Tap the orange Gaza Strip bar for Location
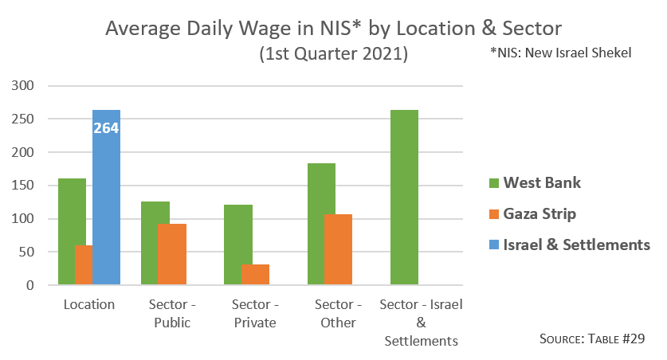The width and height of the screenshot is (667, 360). tap(83, 265)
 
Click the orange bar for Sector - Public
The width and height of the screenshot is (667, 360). tap(171, 255)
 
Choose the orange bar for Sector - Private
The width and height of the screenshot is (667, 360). tap(255, 275)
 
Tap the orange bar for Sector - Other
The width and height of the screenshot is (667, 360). tap(338, 249)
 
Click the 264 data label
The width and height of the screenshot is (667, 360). tap(106, 127)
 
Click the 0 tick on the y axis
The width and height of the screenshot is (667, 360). tap(33, 285)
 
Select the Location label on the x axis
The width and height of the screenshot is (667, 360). tap(89, 304)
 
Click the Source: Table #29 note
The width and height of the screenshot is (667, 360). tap(591, 339)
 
